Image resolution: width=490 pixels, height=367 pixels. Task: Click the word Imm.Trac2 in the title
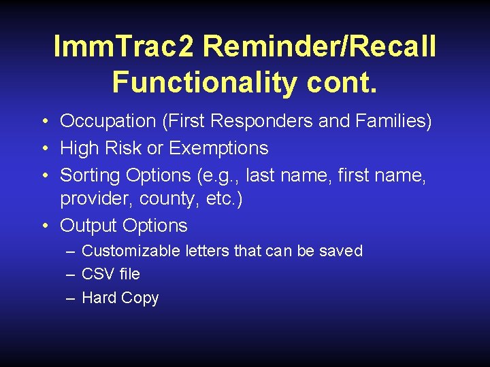point(124,48)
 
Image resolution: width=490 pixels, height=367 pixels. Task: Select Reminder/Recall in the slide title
point(319,48)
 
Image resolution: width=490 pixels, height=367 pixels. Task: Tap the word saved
point(341,251)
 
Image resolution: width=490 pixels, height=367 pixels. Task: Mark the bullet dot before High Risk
point(43,149)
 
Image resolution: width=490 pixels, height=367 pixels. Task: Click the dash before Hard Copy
point(71,298)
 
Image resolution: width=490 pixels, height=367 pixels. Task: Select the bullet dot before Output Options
point(43,226)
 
